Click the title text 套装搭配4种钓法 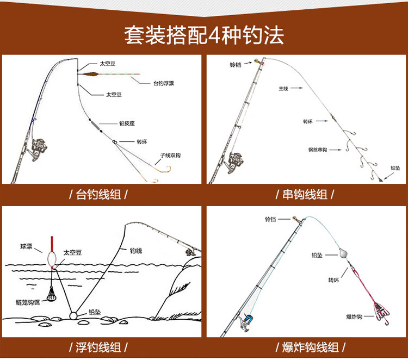tap(203, 35)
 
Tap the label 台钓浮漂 tap(163, 83)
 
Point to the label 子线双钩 tap(170, 155)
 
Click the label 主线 tap(283, 88)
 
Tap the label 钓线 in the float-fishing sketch tap(135, 251)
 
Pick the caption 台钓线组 tap(103, 194)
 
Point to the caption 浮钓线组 tap(103, 346)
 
